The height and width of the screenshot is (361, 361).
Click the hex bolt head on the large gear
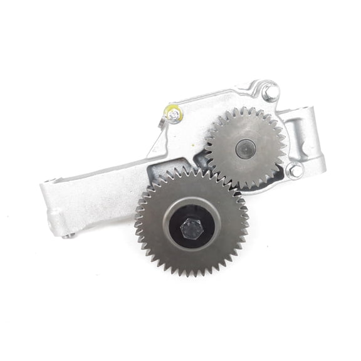click(191, 228)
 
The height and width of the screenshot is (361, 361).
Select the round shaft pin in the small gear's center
click(246, 149)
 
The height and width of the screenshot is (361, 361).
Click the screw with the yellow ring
click(173, 114)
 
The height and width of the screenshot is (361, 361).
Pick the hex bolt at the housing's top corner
click(270, 93)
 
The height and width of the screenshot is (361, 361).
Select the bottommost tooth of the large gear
click(191, 274)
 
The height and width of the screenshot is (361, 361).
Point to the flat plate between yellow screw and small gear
click(188, 135)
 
